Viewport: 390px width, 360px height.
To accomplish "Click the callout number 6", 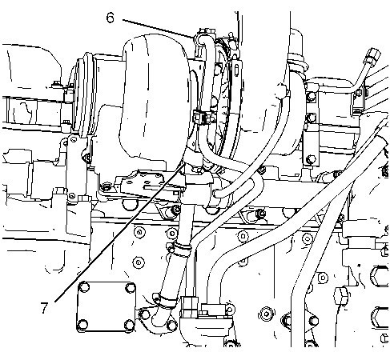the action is pos(110,18).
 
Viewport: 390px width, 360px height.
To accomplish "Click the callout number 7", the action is pos(44,307).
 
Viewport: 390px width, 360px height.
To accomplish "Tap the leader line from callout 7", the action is pos(119,234).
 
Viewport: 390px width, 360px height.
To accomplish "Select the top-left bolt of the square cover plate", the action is pos(84,287).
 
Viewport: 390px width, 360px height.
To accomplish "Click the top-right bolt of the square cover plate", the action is pos(131,288).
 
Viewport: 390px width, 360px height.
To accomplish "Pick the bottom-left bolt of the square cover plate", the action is pos(82,325).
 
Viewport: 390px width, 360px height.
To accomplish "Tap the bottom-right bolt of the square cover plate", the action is pos(130,325).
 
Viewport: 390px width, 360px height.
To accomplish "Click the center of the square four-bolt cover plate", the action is pos(107,306).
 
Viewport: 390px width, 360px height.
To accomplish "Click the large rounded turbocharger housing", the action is pos(154,102).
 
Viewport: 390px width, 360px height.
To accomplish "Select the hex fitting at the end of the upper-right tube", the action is pos(373,55).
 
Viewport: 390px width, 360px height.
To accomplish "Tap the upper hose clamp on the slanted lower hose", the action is pos(182,249).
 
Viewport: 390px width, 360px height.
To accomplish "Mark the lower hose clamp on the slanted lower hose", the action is pos(165,302).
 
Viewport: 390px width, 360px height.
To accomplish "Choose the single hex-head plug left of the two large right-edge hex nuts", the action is pos(341,295).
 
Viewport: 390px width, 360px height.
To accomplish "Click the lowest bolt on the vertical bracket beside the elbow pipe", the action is pos(311,159).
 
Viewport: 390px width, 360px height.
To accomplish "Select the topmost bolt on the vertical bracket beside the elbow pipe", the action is pos(311,97).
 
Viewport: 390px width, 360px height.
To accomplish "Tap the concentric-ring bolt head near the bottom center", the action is pos(267,314).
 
